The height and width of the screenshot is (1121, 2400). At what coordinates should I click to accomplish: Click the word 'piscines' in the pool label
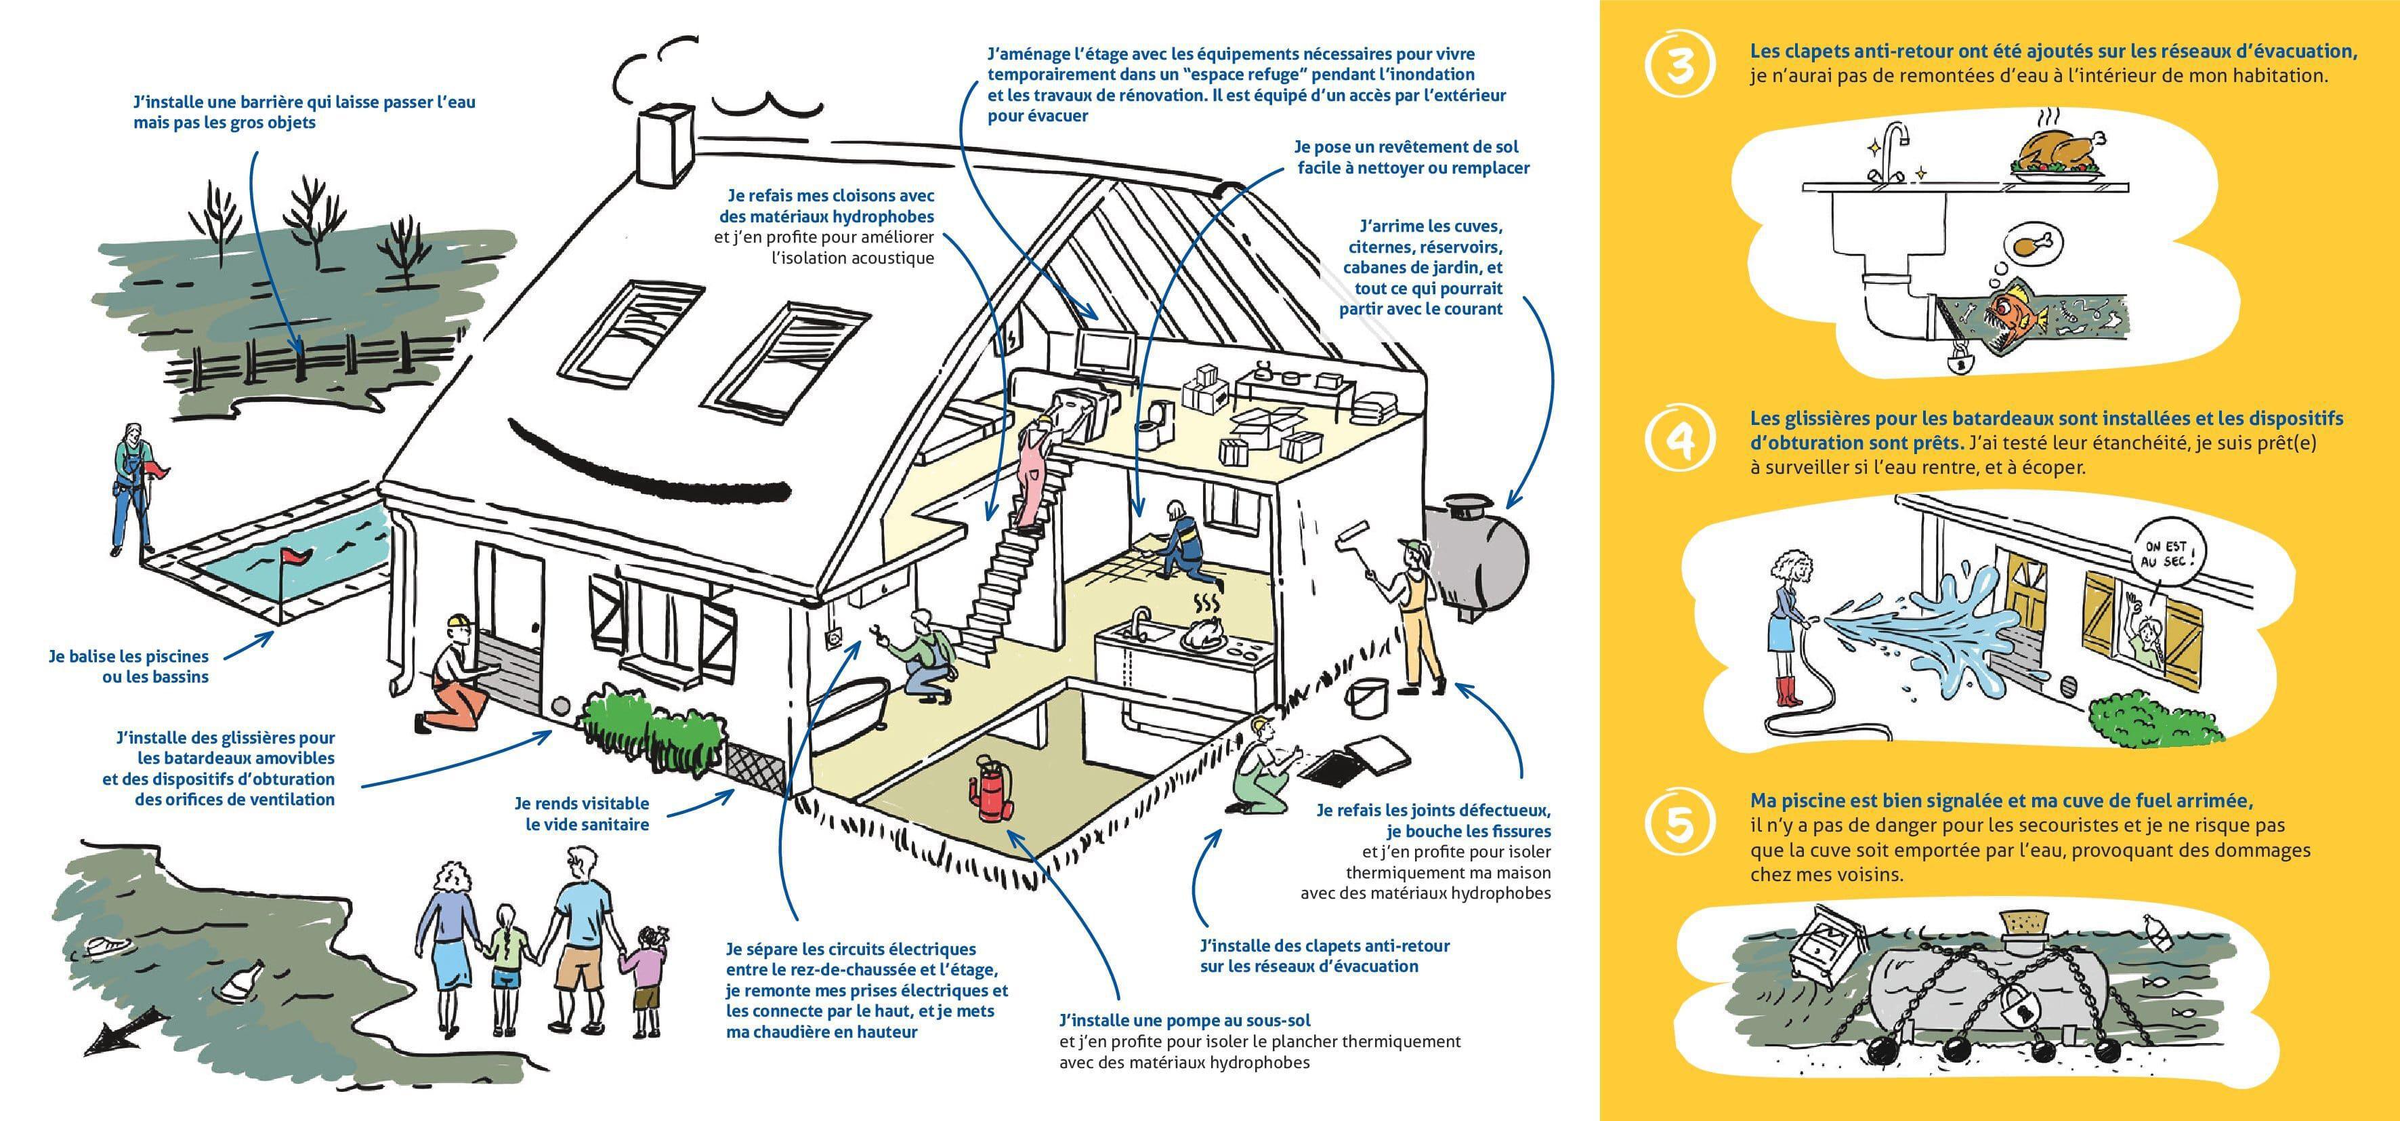177,657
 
